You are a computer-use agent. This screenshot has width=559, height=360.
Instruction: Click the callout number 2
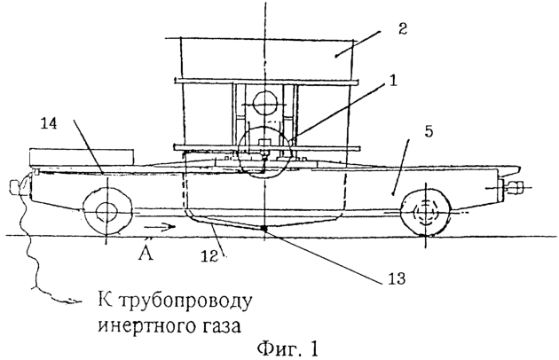[x=402, y=28]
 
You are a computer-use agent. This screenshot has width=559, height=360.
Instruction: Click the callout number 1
[x=393, y=81]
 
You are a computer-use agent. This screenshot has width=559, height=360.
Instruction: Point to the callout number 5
[x=429, y=131]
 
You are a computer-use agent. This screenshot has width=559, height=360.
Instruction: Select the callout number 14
[x=49, y=123]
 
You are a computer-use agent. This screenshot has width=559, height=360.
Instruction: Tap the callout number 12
[x=210, y=255]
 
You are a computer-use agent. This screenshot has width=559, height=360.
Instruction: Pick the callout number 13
[x=397, y=278]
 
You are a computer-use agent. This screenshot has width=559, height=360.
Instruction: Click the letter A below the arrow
[x=146, y=253]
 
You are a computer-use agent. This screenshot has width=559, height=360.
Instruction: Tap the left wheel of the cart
[x=106, y=213]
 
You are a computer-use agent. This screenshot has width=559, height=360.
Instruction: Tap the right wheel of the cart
[x=425, y=213]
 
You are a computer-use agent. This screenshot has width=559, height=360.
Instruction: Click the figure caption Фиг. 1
[x=287, y=348]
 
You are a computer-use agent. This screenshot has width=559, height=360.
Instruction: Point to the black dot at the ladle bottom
[x=264, y=229]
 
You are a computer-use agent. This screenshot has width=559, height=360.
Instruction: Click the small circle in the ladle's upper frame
[x=264, y=104]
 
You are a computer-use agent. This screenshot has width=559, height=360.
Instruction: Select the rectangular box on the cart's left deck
[x=82, y=157]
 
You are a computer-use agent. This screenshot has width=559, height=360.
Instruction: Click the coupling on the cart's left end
[x=17, y=187]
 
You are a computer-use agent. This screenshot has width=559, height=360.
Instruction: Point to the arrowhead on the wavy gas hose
[x=72, y=301]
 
